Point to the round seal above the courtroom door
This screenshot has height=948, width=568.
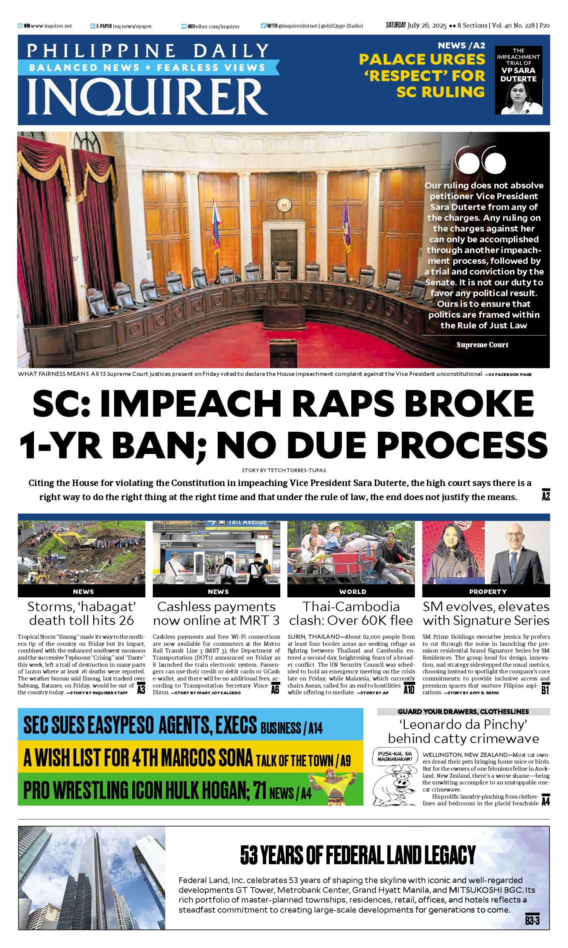pos(284,204)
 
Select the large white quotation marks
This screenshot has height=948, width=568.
pos(481,160)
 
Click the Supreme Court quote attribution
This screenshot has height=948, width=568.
pos(482,345)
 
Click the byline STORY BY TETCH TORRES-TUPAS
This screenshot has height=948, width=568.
pos(284,470)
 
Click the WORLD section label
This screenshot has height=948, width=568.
pos(353,592)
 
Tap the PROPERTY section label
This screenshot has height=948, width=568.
pos(488,592)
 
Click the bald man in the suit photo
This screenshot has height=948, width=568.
pos(514,553)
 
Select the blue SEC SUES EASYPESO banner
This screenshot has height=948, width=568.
pos(190,725)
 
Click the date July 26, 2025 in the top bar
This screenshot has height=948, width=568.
pos(427,26)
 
